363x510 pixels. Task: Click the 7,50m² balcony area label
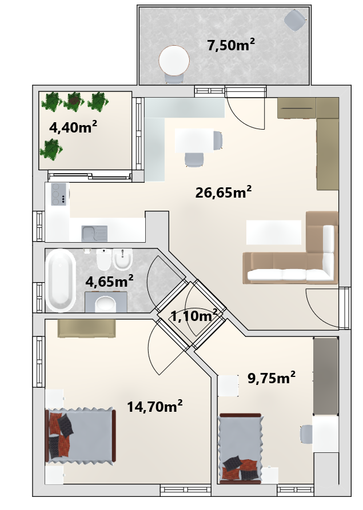pos(231,45)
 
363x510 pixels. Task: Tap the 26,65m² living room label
pos(224,192)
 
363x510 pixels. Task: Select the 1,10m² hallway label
pos(194,315)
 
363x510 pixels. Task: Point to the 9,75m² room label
pos(272,378)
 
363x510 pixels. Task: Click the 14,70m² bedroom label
pos(155,406)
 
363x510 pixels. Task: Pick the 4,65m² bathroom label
pos(109,281)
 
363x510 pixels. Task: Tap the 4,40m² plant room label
pos(73,127)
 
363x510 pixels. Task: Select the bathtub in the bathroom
pos(61,280)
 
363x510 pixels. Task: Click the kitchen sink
pos(94,233)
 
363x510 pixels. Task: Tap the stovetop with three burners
pos(59,194)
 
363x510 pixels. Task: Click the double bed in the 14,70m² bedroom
pos(81,435)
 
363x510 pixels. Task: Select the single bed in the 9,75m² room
pos(241,448)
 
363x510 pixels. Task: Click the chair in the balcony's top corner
pos(296,20)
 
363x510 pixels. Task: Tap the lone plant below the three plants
pos(51,150)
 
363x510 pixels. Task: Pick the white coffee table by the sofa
pos(274,232)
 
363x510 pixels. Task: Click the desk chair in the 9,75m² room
pos(306,434)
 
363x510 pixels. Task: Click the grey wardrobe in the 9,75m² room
pos(326,376)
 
